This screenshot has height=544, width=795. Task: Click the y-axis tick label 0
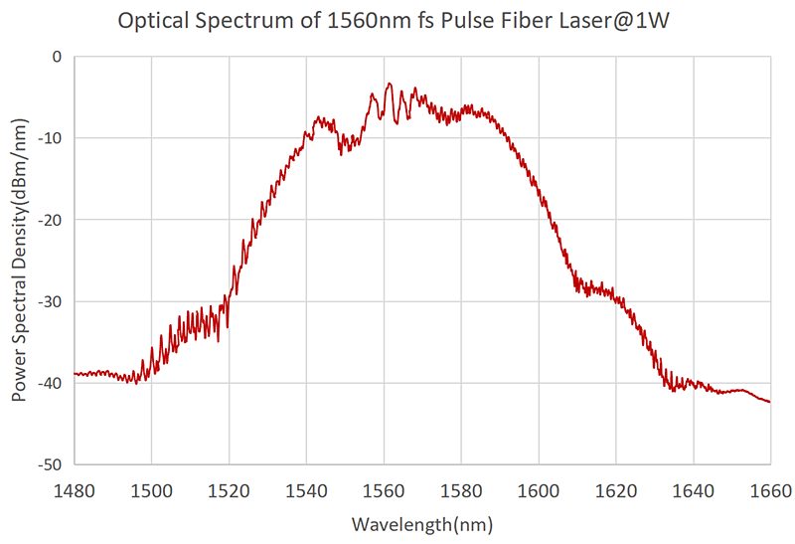click(x=58, y=57)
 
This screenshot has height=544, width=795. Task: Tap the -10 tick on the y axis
click(x=49, y=138)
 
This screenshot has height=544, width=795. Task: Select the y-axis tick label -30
click(x=49, y=301)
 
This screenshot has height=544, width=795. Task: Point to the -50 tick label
click(x=49, y=464)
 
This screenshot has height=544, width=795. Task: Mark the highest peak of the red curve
click(x=390, y=84)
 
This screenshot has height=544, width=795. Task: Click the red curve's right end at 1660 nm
click(x=769, y=402)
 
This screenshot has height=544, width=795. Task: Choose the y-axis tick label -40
click(x=49, y=383)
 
